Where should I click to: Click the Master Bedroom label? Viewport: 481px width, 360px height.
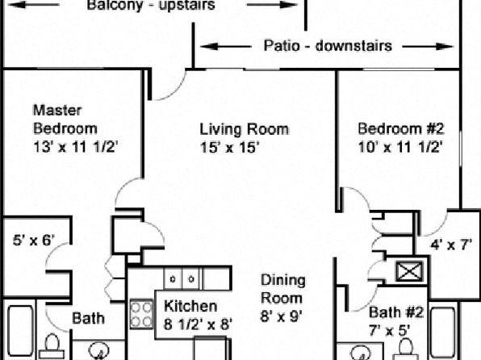pyautogui.click(x=65, y=119)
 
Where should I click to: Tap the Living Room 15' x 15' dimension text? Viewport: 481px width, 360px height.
pyautogui.click(x=230, y=148)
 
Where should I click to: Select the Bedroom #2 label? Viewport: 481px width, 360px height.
pyautogui.click(x=401, y=128)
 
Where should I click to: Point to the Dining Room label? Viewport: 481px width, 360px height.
pyautogui.click(x=282, y=289)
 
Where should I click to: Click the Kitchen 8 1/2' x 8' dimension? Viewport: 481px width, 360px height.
pyautogui.click(x=198, y=324)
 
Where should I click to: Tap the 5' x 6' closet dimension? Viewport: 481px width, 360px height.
pyautogui.click(x=34, y=240)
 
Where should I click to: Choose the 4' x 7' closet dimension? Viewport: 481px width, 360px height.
pyautogui.click(x=451, y=245)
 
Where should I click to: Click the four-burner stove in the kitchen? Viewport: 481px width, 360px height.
pyautogui.click(x=141, y=314)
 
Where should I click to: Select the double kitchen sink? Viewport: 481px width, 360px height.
pyautogui.click(x=182, y=278)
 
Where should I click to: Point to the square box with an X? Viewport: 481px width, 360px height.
pyautogui.click(x=409, y=271)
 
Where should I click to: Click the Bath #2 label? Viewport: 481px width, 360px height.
pyautogui.click(x=396, y=312)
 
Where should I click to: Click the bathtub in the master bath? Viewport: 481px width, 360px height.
pyautogui.click(x=20, y=333)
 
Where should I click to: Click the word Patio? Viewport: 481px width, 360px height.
pyautogui.click(x=282, y=46)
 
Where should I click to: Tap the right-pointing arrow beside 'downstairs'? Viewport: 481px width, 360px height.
pyautogui.click(x=428, y=47)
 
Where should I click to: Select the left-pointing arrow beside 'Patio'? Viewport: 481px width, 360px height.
pyautogui.click(x=225, y=47)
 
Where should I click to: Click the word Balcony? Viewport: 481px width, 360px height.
pyautogui.click(x=115, y=6)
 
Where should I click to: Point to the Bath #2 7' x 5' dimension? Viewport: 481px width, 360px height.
pyautogui.click(x=389, y=331)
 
